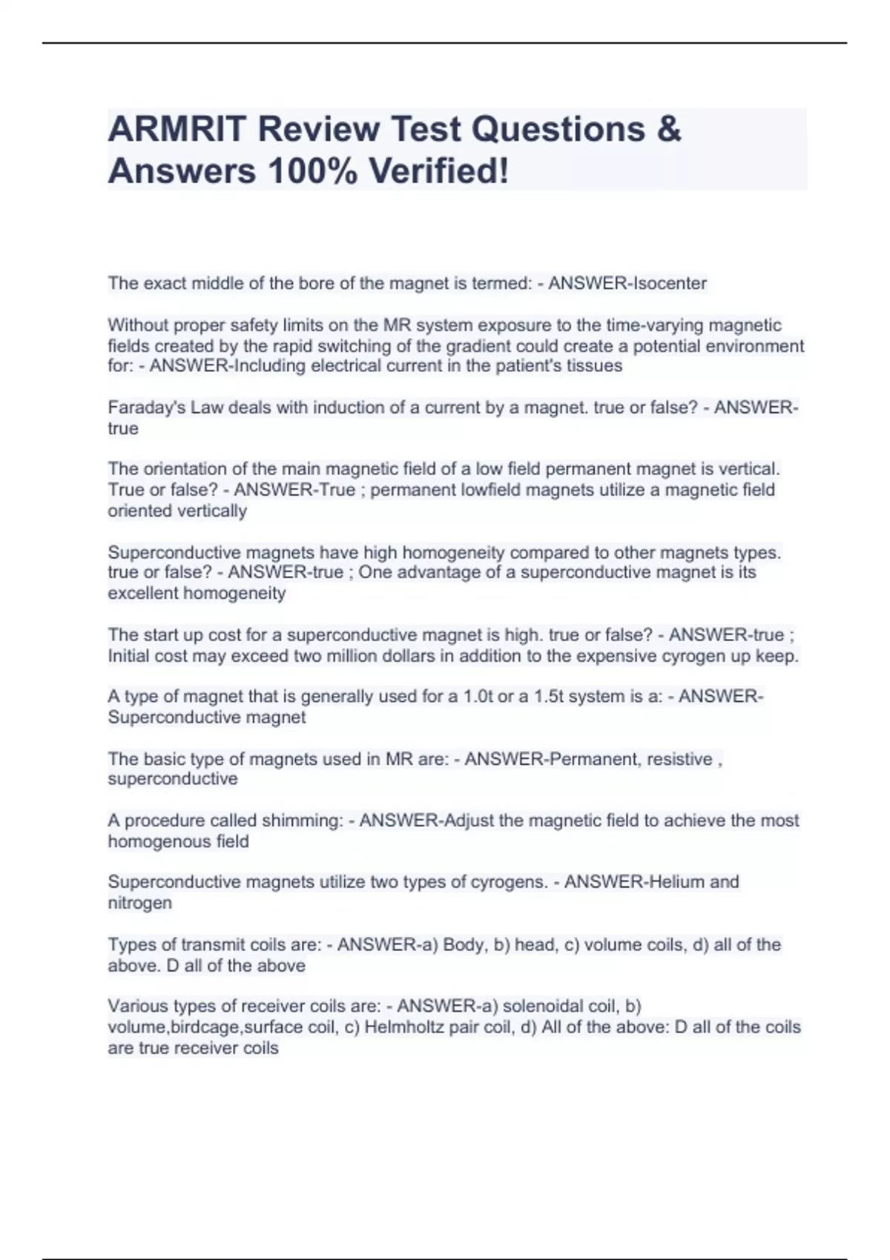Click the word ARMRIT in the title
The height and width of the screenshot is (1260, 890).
pyautogui.click(x=177, y=129)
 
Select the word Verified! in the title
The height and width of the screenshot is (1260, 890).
pyautogui.click(x=439, y=171)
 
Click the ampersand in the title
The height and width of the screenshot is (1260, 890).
pyautogui.click(x=668, y=129)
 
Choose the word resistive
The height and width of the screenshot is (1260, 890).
pyautogui.click(x=679, y=759)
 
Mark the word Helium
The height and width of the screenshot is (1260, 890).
pyautogui.click(x=676, y=882)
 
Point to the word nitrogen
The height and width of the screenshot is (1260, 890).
pyautogui.click(x=139, y=903)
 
